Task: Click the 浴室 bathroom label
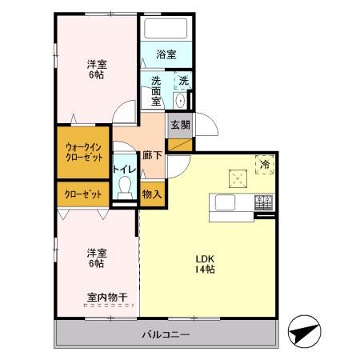coord(166,55)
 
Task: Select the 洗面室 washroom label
coord(155,90)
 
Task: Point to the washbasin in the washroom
coord(180,99)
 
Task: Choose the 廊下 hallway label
coord(152,155)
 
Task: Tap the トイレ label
coord(123,169)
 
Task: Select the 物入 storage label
coord(152,194)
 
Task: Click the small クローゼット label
coord(82,194)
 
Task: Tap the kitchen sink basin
coord(223,202)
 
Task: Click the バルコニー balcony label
coord(166,334)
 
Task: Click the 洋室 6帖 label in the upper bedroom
coord(96,70)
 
